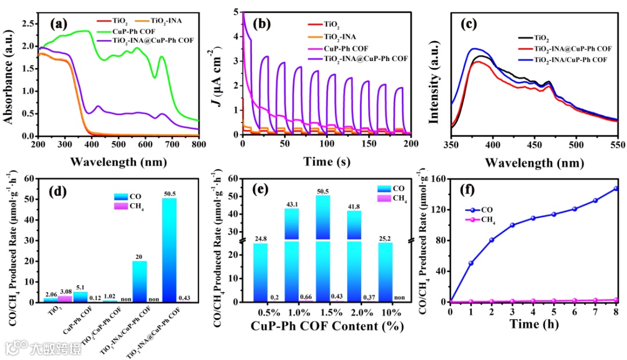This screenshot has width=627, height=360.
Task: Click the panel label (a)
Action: point(59,24)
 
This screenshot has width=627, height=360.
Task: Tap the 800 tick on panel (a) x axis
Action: point(199,143)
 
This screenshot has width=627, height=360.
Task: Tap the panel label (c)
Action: point(468,24)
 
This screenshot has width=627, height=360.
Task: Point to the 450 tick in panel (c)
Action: point(535,143)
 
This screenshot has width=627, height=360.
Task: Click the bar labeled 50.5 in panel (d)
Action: point(169,250)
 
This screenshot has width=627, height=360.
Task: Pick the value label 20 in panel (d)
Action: point(139,255)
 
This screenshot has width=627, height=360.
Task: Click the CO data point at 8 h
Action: point(616,188)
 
